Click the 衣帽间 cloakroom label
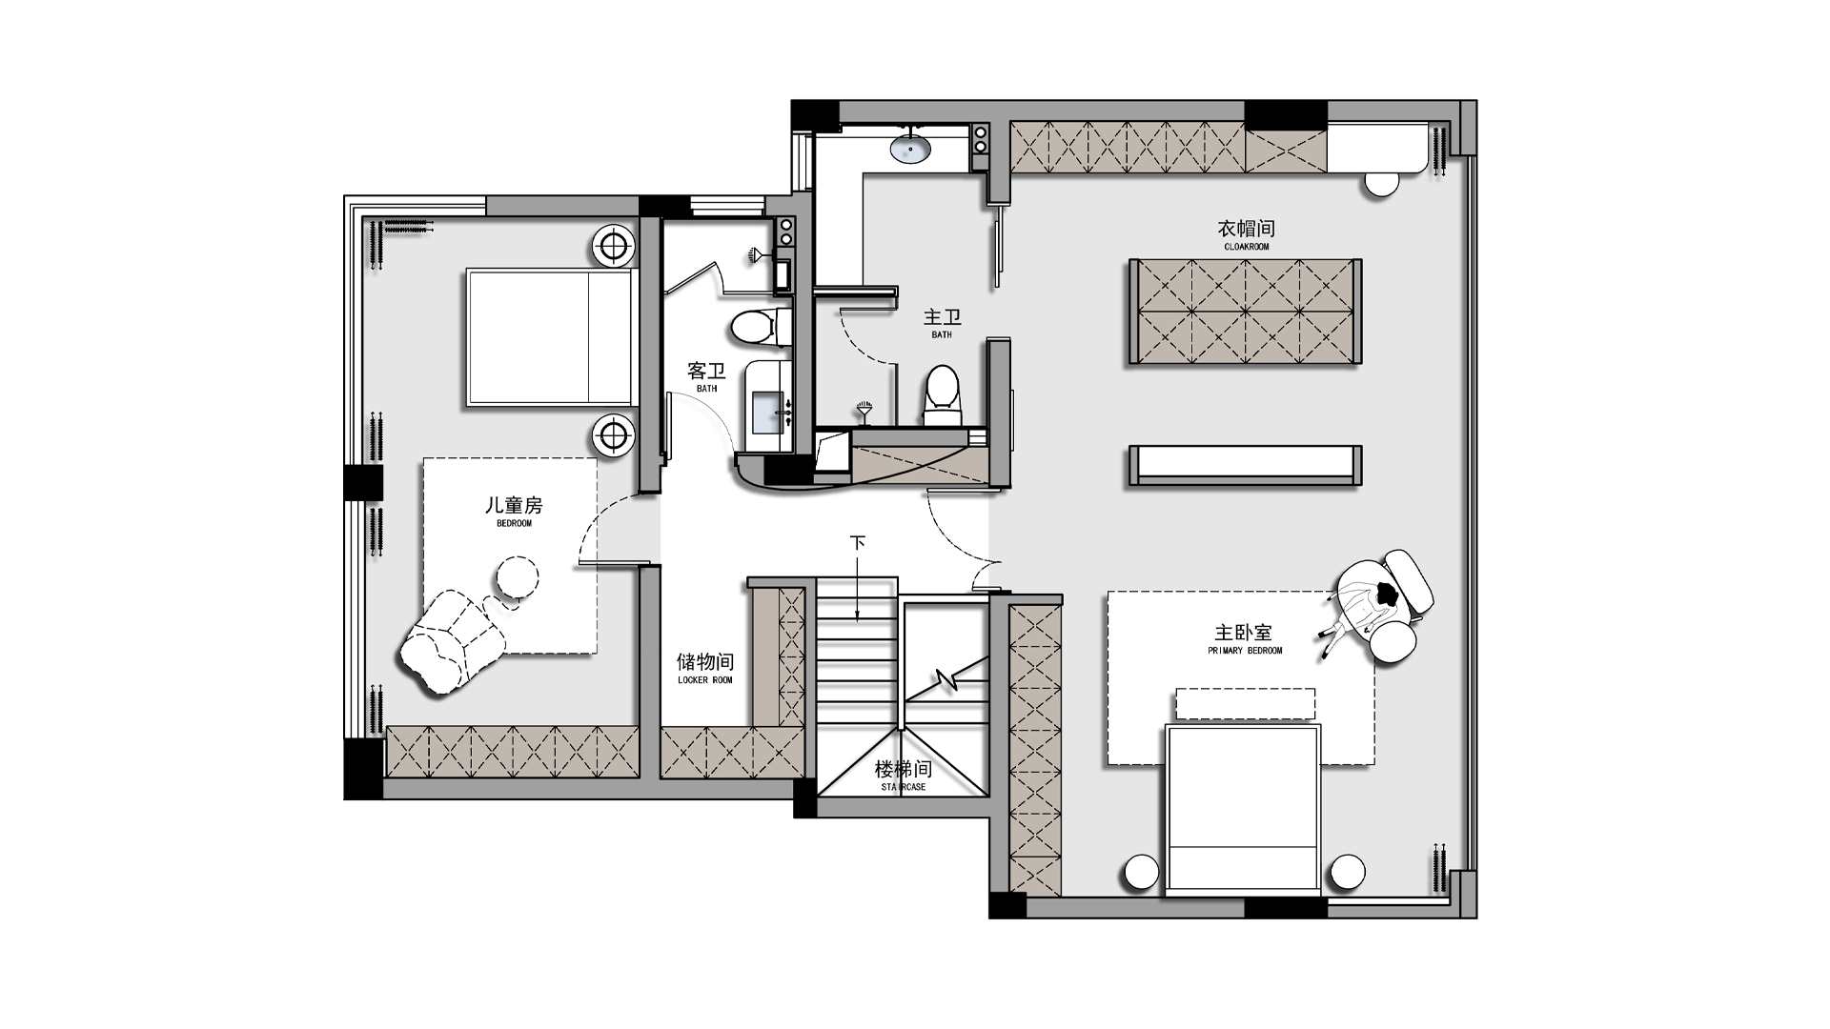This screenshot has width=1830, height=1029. [1246, 234]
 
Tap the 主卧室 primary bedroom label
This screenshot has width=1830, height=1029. [1244, 637]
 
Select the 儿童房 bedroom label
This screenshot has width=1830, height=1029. [514, 511]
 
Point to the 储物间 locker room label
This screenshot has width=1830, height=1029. [705, 667]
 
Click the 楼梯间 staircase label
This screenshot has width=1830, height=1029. [903, 775]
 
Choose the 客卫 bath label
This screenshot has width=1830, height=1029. [706, 376]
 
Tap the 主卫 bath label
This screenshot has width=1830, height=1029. [942, 322]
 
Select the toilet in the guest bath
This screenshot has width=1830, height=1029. [761, 327]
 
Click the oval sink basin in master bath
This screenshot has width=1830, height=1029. [910, 148]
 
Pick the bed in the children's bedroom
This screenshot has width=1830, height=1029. [551, 337]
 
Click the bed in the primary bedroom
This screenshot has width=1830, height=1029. [1243, 808]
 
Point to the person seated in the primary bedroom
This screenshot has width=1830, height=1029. [1376, 607]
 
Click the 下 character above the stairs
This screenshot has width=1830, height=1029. [858, 543]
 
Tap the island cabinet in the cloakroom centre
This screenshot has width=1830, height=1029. [1245, 311]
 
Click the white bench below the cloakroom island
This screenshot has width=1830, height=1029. [1245, 465]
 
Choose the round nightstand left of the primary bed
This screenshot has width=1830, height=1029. [1141, 873]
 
